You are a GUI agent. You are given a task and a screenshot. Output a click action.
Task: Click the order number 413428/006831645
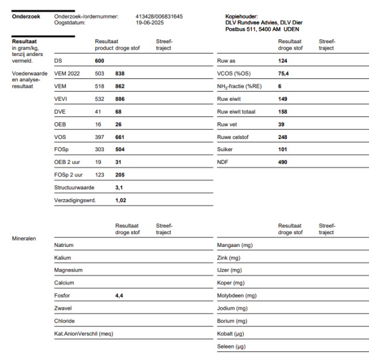click(159, 16)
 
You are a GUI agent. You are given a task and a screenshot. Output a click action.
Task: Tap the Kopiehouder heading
click(242, 16)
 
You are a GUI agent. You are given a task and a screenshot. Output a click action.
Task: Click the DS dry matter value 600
click(100, 61)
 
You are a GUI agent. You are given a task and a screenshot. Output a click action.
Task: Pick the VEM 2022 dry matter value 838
click(120, 74)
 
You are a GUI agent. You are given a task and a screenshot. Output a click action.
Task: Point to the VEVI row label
click(61, 99)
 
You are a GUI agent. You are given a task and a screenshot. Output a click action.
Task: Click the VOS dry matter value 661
click(120, 137)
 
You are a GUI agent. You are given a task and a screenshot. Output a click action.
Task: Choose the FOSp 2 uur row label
click(69, 175)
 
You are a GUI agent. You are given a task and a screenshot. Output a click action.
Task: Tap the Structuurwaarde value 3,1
click(119, 187)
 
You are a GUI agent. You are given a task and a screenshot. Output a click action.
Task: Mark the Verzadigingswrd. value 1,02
click(121, 200)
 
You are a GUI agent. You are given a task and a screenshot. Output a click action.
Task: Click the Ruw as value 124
click(283, 61)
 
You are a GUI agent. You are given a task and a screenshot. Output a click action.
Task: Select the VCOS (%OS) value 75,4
click(284, 74)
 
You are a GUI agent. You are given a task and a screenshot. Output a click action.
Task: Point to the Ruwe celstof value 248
click(283, 137)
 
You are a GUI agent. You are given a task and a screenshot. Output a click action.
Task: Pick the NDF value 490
click(283, 162)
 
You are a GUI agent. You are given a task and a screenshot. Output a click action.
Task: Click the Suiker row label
click(225, 149)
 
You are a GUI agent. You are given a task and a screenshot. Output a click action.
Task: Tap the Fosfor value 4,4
click(119, 295)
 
